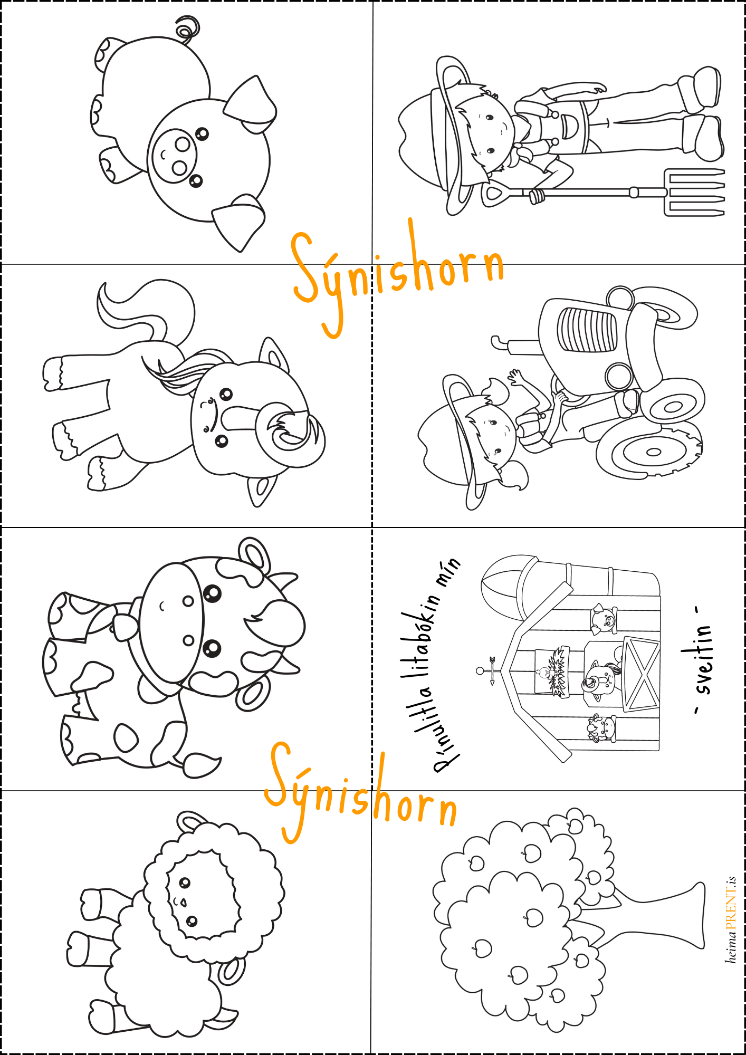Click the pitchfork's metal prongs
click(694, 192)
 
